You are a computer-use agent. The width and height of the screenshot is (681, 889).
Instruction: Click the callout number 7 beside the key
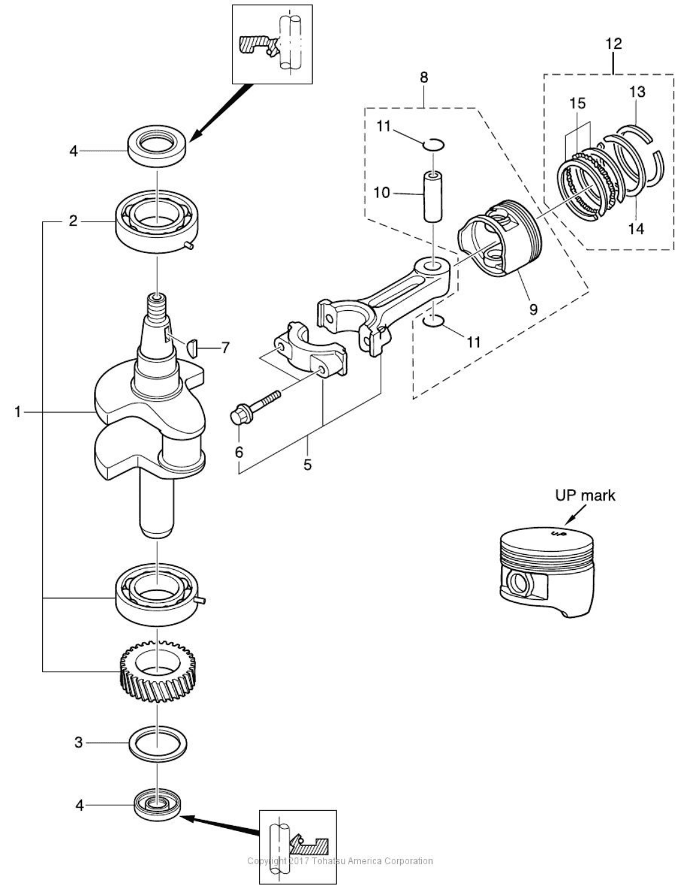point(225,348)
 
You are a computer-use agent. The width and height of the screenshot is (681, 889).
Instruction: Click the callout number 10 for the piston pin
point(381,193)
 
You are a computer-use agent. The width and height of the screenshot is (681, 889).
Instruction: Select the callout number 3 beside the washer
point(78,743)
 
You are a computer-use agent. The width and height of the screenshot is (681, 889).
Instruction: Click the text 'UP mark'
point(585,495)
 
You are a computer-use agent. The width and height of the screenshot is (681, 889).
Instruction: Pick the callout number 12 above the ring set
point(614,44)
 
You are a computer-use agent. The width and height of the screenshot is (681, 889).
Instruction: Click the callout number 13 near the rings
point(636,92)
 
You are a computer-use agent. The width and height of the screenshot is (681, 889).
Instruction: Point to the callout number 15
point(577,103)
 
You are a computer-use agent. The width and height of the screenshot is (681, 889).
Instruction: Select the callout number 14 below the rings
point(637,229)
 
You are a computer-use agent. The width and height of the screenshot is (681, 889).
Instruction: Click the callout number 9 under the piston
point(533,308)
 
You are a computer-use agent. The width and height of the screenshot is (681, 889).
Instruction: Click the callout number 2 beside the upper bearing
point(73,222)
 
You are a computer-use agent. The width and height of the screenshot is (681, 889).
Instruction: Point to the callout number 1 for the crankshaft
point(19,412)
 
